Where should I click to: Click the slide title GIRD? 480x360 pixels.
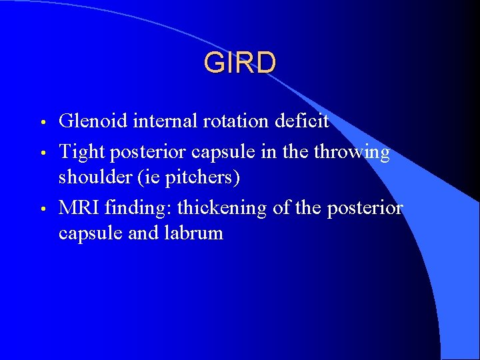(239, 63)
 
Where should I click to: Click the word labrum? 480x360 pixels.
(193, 233)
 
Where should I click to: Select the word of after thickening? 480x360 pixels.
(283, 208)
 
